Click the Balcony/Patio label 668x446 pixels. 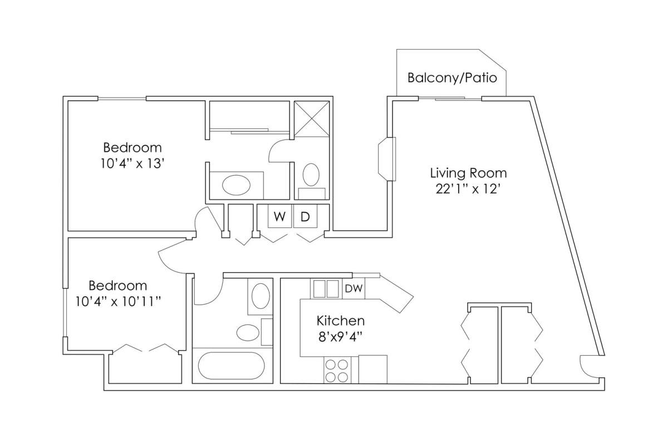(x=452, y=77)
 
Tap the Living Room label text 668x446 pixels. (x=469, y=173)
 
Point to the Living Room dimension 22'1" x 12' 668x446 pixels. (x=467, y=189)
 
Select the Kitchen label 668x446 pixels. (x=341, y=321)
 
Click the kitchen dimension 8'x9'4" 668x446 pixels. (x=341, y=337)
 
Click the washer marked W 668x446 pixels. (x=279, y=216)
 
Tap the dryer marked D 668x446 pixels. (x=305, y=216)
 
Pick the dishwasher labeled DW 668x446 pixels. (x=353, y=288)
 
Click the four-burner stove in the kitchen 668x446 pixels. (x=337, y=370)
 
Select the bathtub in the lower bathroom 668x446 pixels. (x=232, y=366)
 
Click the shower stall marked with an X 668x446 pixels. (x=312, y=119)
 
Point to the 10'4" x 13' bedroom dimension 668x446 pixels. (x=132, y=164)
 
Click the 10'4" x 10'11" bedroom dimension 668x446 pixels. (x=118, y=302)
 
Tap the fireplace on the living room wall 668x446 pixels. (x=387, y=159)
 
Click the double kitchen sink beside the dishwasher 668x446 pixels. (x=326, y=289)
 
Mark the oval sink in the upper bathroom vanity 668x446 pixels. (x=236, y=185)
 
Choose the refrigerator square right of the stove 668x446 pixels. (x=373, y=370)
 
